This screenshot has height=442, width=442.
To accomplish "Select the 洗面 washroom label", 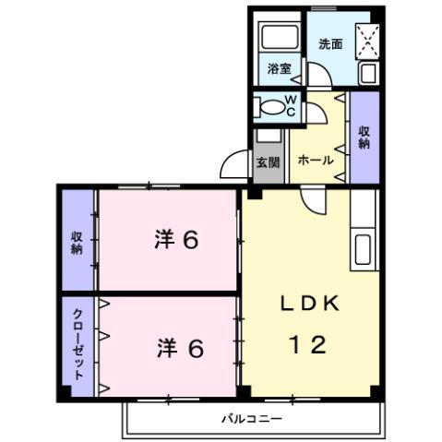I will pyautogui.click(x=329, y=43).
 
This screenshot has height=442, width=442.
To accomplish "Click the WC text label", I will pyautogui.click(x=290, y=106).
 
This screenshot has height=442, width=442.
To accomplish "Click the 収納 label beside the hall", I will pyautogui.click(x=364, y=137).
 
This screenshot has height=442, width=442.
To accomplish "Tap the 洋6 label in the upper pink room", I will pyautogui.click(x=176, y=240).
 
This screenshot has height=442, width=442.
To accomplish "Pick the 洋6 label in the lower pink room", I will pyautogui.click(x=179, y=349).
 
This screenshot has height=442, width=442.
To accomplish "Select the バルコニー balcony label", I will pyautogui.click(x=250, y=419).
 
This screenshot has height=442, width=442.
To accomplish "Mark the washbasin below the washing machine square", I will pyautogui.click(x=366, y=72).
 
